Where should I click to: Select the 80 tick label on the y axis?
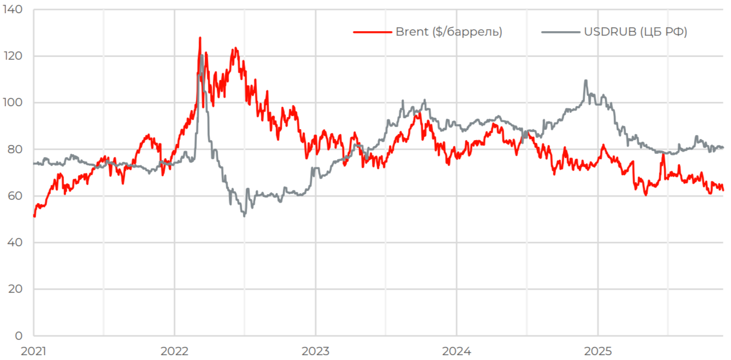click(x=15, y=149)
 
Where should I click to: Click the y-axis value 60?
click(x=15, y=196)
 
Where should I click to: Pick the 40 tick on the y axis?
click(x=15, y=242)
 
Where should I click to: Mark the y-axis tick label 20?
click(x=15, y=289)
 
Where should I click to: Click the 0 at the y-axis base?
click(x=19, y=335)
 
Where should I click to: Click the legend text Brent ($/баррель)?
click(x=448, y=32)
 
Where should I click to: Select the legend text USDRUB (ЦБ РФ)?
click(x=635, y=32)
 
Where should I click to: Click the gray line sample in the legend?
click(x=560, y=32)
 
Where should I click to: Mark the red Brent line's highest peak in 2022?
click(x=200, y=38)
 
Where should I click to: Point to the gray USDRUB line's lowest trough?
click(x=244, y=216)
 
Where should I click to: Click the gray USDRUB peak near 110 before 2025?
click(x=586, y=80)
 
